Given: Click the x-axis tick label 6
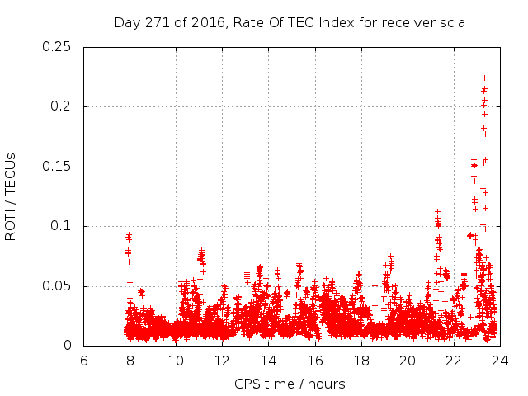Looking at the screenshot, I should (x=83, y=361).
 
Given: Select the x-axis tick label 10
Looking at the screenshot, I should (x=176, y=361).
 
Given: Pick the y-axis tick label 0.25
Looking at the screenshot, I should (x=58, y=46).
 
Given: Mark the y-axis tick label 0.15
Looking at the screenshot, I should (x=58, y=167).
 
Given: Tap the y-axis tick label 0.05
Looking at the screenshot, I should (x=58, y=286).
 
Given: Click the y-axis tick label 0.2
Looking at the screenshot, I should (x=62, y=106).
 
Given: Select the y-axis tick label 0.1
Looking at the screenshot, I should (x=62, y=226).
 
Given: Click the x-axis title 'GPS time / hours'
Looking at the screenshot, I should (x=290, y=384).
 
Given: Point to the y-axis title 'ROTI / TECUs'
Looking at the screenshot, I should (x=12, y=196).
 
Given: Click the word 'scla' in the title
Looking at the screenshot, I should (x=452, y=22).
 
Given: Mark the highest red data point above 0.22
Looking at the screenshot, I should (x=484, y=78).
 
